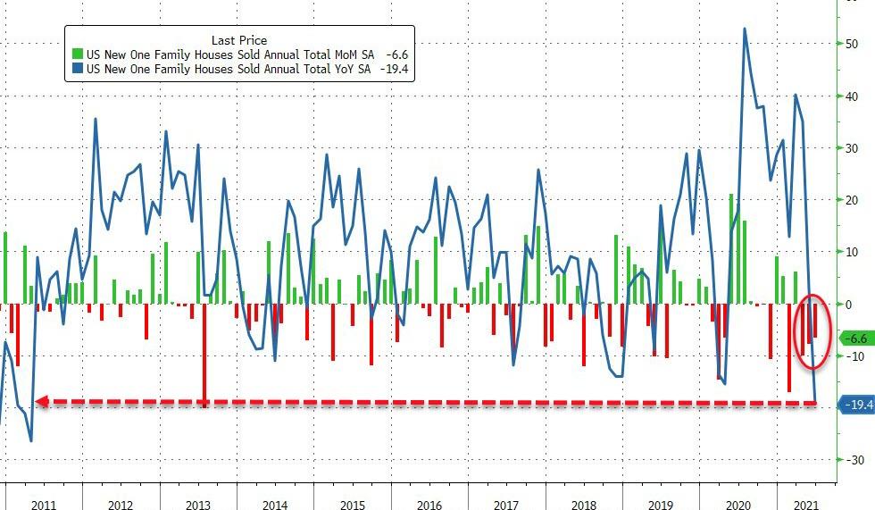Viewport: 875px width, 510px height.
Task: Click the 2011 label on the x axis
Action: click(x=44, y=503)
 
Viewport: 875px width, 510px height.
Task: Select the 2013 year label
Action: click(x=197, y=503)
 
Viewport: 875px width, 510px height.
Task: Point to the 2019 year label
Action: click(x=662, y=503)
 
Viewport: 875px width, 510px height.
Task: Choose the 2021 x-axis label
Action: click(x=806, y=503)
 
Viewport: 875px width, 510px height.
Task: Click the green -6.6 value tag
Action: click(x=856, y=339)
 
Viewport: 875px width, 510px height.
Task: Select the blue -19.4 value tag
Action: click(x=858, y=405)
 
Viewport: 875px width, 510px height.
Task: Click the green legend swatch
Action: click(x=75, y=54)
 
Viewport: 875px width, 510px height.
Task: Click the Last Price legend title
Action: click(x=238, y=40)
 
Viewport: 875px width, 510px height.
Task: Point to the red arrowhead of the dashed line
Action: click(x=40, y=403)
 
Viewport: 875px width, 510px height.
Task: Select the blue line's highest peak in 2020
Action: click(x=745, y=29)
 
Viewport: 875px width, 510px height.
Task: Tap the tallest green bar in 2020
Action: click(x=731, y=248)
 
